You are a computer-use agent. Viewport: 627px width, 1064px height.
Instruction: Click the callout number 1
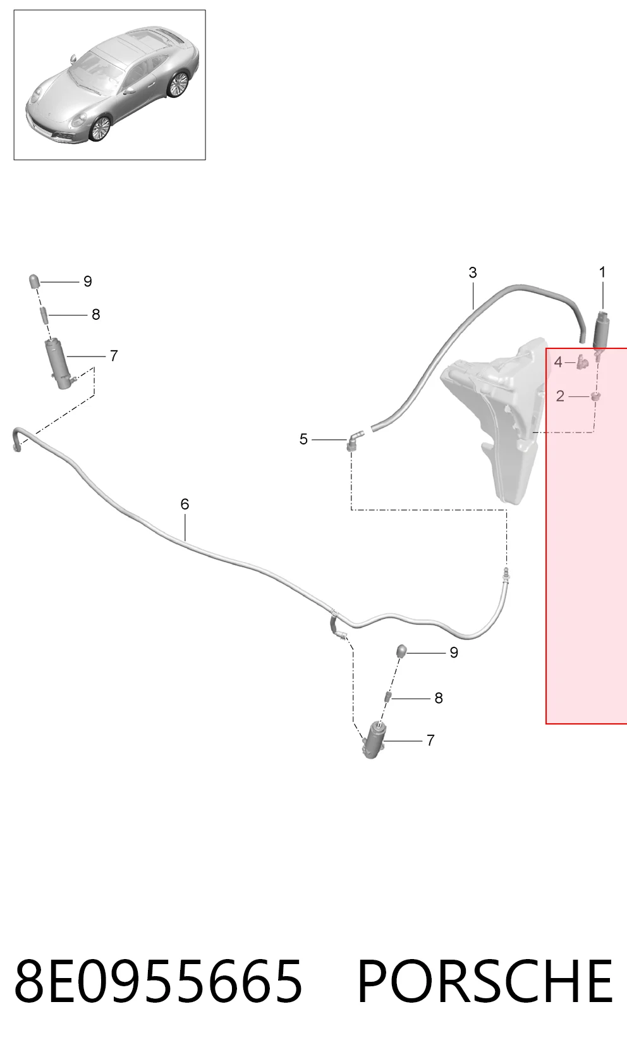point(602,272)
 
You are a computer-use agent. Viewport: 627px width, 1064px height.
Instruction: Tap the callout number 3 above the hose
point(473,272)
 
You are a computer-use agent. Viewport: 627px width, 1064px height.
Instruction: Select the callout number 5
point(303,439)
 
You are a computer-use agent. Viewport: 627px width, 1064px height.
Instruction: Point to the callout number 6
point(185,504)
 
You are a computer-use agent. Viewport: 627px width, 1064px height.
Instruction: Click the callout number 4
point(558,362)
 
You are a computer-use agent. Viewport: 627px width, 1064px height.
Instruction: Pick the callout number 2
point(560,396)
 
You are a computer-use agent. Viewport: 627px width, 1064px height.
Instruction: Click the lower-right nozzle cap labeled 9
point(401,651)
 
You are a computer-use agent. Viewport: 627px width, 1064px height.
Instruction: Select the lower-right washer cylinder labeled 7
point(373,740)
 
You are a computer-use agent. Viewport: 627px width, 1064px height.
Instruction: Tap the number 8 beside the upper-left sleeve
point(96,314)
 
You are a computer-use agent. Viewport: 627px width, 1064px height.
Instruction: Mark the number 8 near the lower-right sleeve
point(439,698)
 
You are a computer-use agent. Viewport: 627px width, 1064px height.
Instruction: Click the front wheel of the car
point(100,128)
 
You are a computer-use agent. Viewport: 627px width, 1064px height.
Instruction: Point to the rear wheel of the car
point(179,85)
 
